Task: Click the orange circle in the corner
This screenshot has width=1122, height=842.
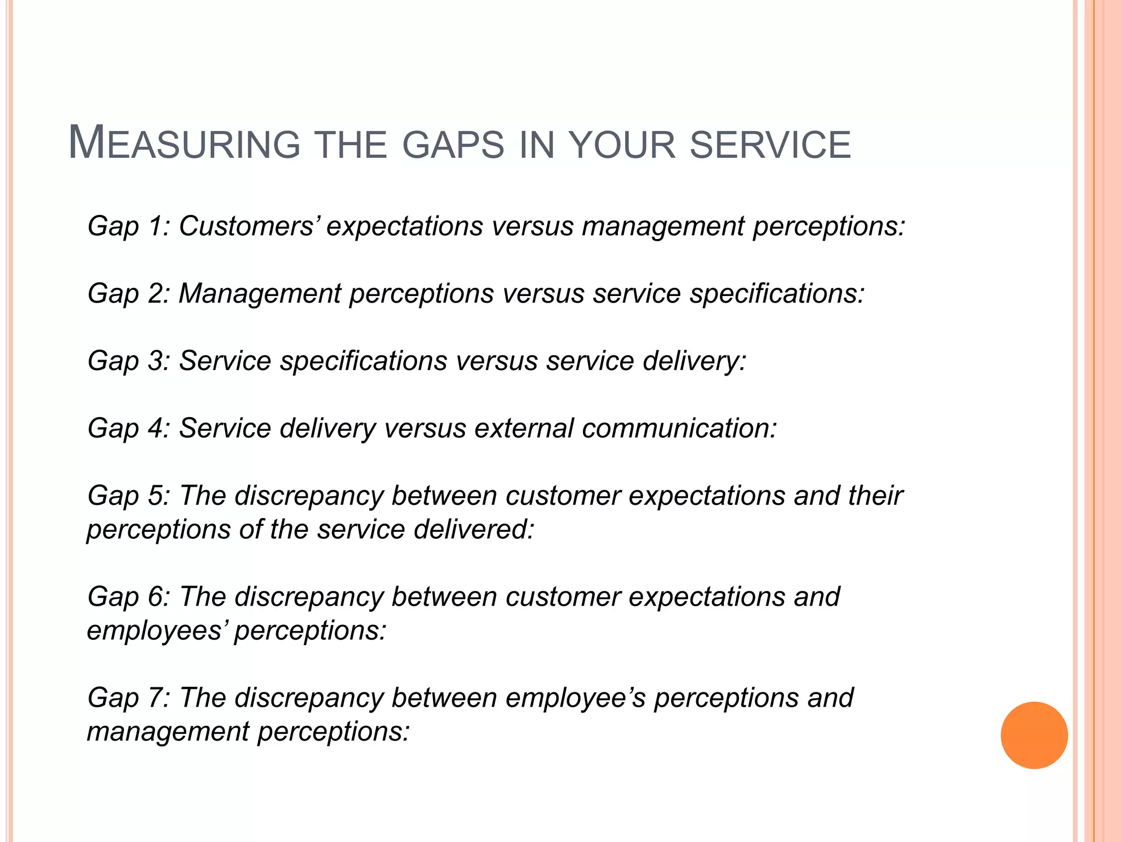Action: coord(1034,735)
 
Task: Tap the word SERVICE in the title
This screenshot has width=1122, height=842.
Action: coord(770,145)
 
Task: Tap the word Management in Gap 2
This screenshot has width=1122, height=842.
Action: coord(260,293)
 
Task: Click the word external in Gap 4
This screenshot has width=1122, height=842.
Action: coord(523,428)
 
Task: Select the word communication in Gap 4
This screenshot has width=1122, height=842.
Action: coord(679,428)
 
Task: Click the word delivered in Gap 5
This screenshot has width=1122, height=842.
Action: coord(473,530)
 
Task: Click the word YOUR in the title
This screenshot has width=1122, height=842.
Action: coord(622,145)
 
